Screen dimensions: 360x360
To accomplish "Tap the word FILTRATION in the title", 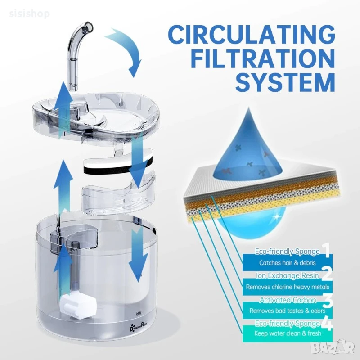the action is click(x=263, y=58).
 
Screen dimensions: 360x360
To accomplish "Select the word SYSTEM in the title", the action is click(x=285, y=82).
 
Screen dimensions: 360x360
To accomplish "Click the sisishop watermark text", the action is click(x=29, y=14).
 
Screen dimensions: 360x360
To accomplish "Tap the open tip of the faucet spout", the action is click(x=88, y=27).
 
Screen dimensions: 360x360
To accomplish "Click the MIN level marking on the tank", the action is click(x=139, y=313).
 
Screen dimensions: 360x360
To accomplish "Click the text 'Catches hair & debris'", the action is click(x=288, y=263).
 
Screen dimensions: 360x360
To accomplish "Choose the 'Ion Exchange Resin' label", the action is click(x=288, y=275).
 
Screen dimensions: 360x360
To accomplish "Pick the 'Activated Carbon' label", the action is click(x=288, y=300).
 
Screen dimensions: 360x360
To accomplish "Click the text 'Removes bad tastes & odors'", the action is click(x=288, y=310).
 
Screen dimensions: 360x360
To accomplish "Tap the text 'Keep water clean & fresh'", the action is click(x=288, y=333).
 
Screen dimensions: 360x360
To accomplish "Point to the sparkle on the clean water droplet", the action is click(x=277, y=216).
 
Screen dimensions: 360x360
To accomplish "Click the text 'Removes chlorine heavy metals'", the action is click(x=288, y=287).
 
